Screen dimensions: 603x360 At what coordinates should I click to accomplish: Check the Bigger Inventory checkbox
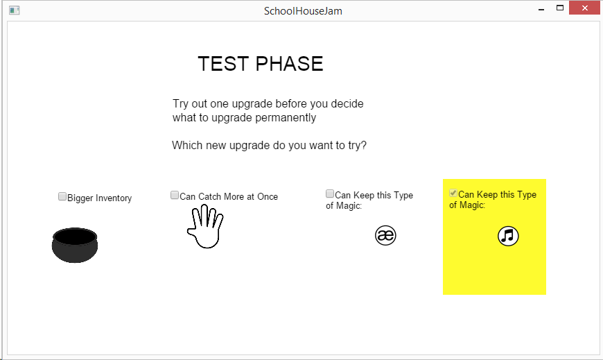(62, 197)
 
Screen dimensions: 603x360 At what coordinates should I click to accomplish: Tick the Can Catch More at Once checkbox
(175, 195)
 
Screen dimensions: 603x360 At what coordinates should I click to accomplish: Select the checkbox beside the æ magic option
(330, 194)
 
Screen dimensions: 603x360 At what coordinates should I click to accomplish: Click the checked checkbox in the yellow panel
(453, 193)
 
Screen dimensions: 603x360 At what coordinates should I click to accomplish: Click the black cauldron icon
(75, 246)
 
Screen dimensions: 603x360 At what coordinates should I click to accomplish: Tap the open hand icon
(205, 226)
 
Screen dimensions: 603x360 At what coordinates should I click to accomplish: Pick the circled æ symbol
(385, 235)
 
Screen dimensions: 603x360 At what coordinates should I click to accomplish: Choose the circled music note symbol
(508, 236)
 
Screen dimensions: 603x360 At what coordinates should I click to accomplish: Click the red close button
(584, 8)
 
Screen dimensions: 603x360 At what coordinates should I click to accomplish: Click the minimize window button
(541, 8)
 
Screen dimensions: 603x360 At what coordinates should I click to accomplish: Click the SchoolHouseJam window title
(303, 11)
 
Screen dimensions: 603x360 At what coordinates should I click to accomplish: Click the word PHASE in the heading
(289, 64)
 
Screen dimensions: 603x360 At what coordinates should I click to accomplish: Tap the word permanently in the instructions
(286, 118)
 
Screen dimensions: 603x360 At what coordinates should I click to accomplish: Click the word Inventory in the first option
(114, 198)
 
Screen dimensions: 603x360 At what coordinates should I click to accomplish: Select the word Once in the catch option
(268, 197)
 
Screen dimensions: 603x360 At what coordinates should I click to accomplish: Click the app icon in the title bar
(15, 10)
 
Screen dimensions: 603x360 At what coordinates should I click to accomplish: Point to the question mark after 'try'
(364, 145)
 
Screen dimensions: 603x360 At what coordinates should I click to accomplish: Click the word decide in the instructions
(347, 103)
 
